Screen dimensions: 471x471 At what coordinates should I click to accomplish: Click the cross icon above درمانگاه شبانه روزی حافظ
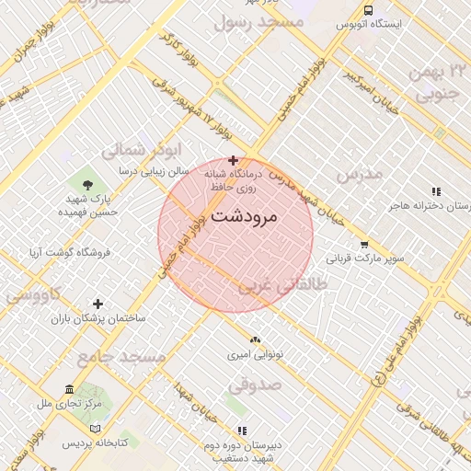pos(233,160)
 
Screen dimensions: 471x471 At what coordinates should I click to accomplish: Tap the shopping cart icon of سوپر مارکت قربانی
pos(364,245)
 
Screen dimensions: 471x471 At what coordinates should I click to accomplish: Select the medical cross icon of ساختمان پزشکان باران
pos(98,304)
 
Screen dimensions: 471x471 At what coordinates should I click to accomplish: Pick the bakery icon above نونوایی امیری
pos(255,339)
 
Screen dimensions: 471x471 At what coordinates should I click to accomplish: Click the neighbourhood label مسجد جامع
pos(121,356)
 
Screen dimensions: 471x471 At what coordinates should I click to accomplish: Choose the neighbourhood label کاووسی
pos(33,295)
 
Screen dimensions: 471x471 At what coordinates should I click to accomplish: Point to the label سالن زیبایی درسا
pos(154,171)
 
